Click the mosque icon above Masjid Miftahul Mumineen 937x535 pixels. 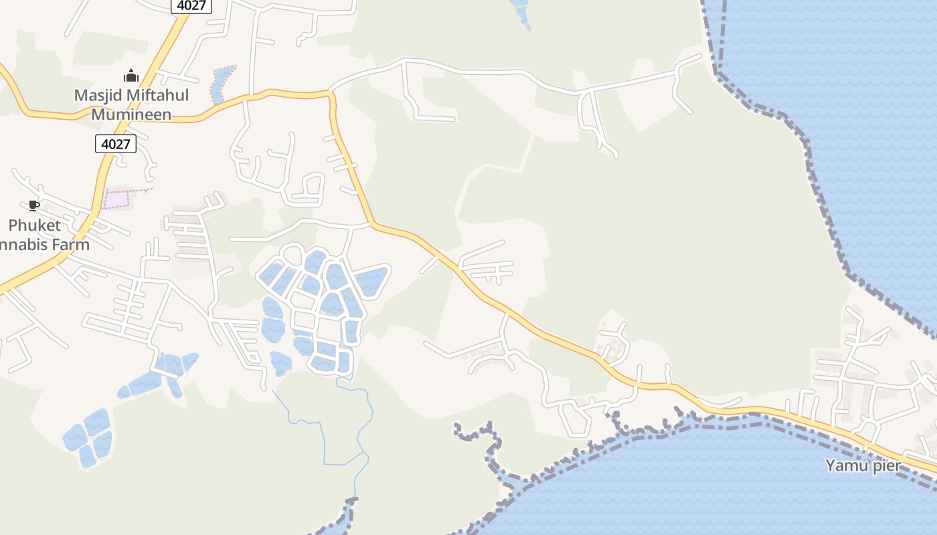(x=131, y=76)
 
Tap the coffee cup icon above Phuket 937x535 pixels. (x=34, y=206)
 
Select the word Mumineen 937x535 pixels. (x=131, y=114)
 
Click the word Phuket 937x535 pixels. (x=34, y=225)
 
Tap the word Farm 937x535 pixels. (x=72, y=244)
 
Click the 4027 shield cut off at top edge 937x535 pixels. (x=191, y=5)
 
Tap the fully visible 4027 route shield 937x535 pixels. (x=116, y=143)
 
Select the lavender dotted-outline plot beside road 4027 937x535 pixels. (x=116, y=199)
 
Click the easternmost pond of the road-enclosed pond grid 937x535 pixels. (x=372, y=280)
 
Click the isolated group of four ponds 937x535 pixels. (x=88, y=438)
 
